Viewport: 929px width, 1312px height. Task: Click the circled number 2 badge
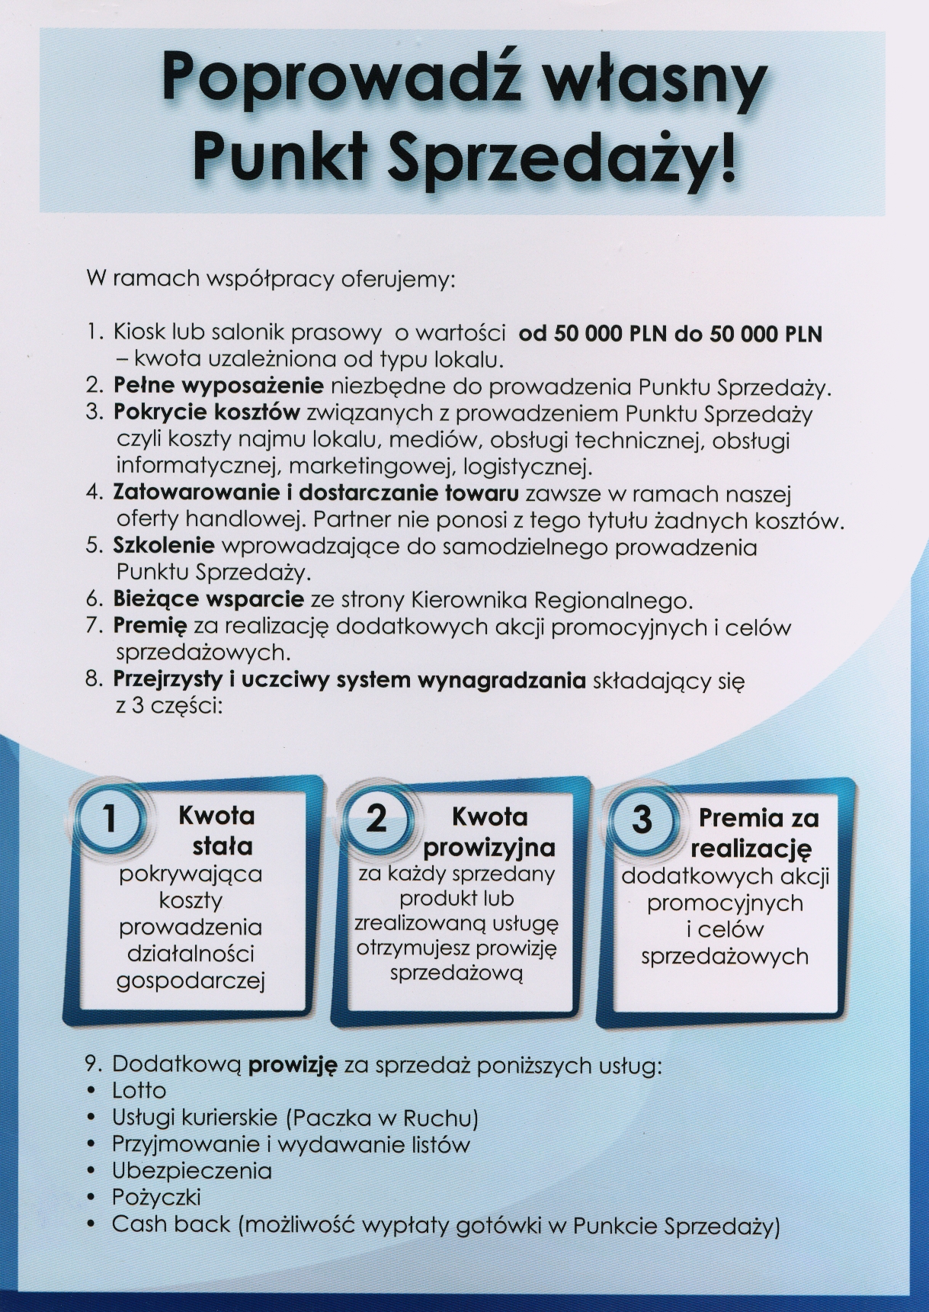point(377,818)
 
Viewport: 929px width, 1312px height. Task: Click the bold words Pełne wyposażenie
point(218,387)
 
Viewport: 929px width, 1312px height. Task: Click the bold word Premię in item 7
point(149,627)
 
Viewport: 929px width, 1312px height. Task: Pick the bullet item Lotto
point(139,1091)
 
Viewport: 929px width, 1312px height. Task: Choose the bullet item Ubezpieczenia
point(191,1170)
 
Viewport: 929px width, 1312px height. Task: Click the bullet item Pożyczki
point(156,1197)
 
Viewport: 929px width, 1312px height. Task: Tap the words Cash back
point(171,1224)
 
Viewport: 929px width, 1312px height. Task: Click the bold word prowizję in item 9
point(292,1065)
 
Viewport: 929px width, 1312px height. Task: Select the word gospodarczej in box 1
point(190,980)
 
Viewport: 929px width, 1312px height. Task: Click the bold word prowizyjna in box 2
point(489,847)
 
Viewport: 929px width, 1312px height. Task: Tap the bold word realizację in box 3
point(751,848)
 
